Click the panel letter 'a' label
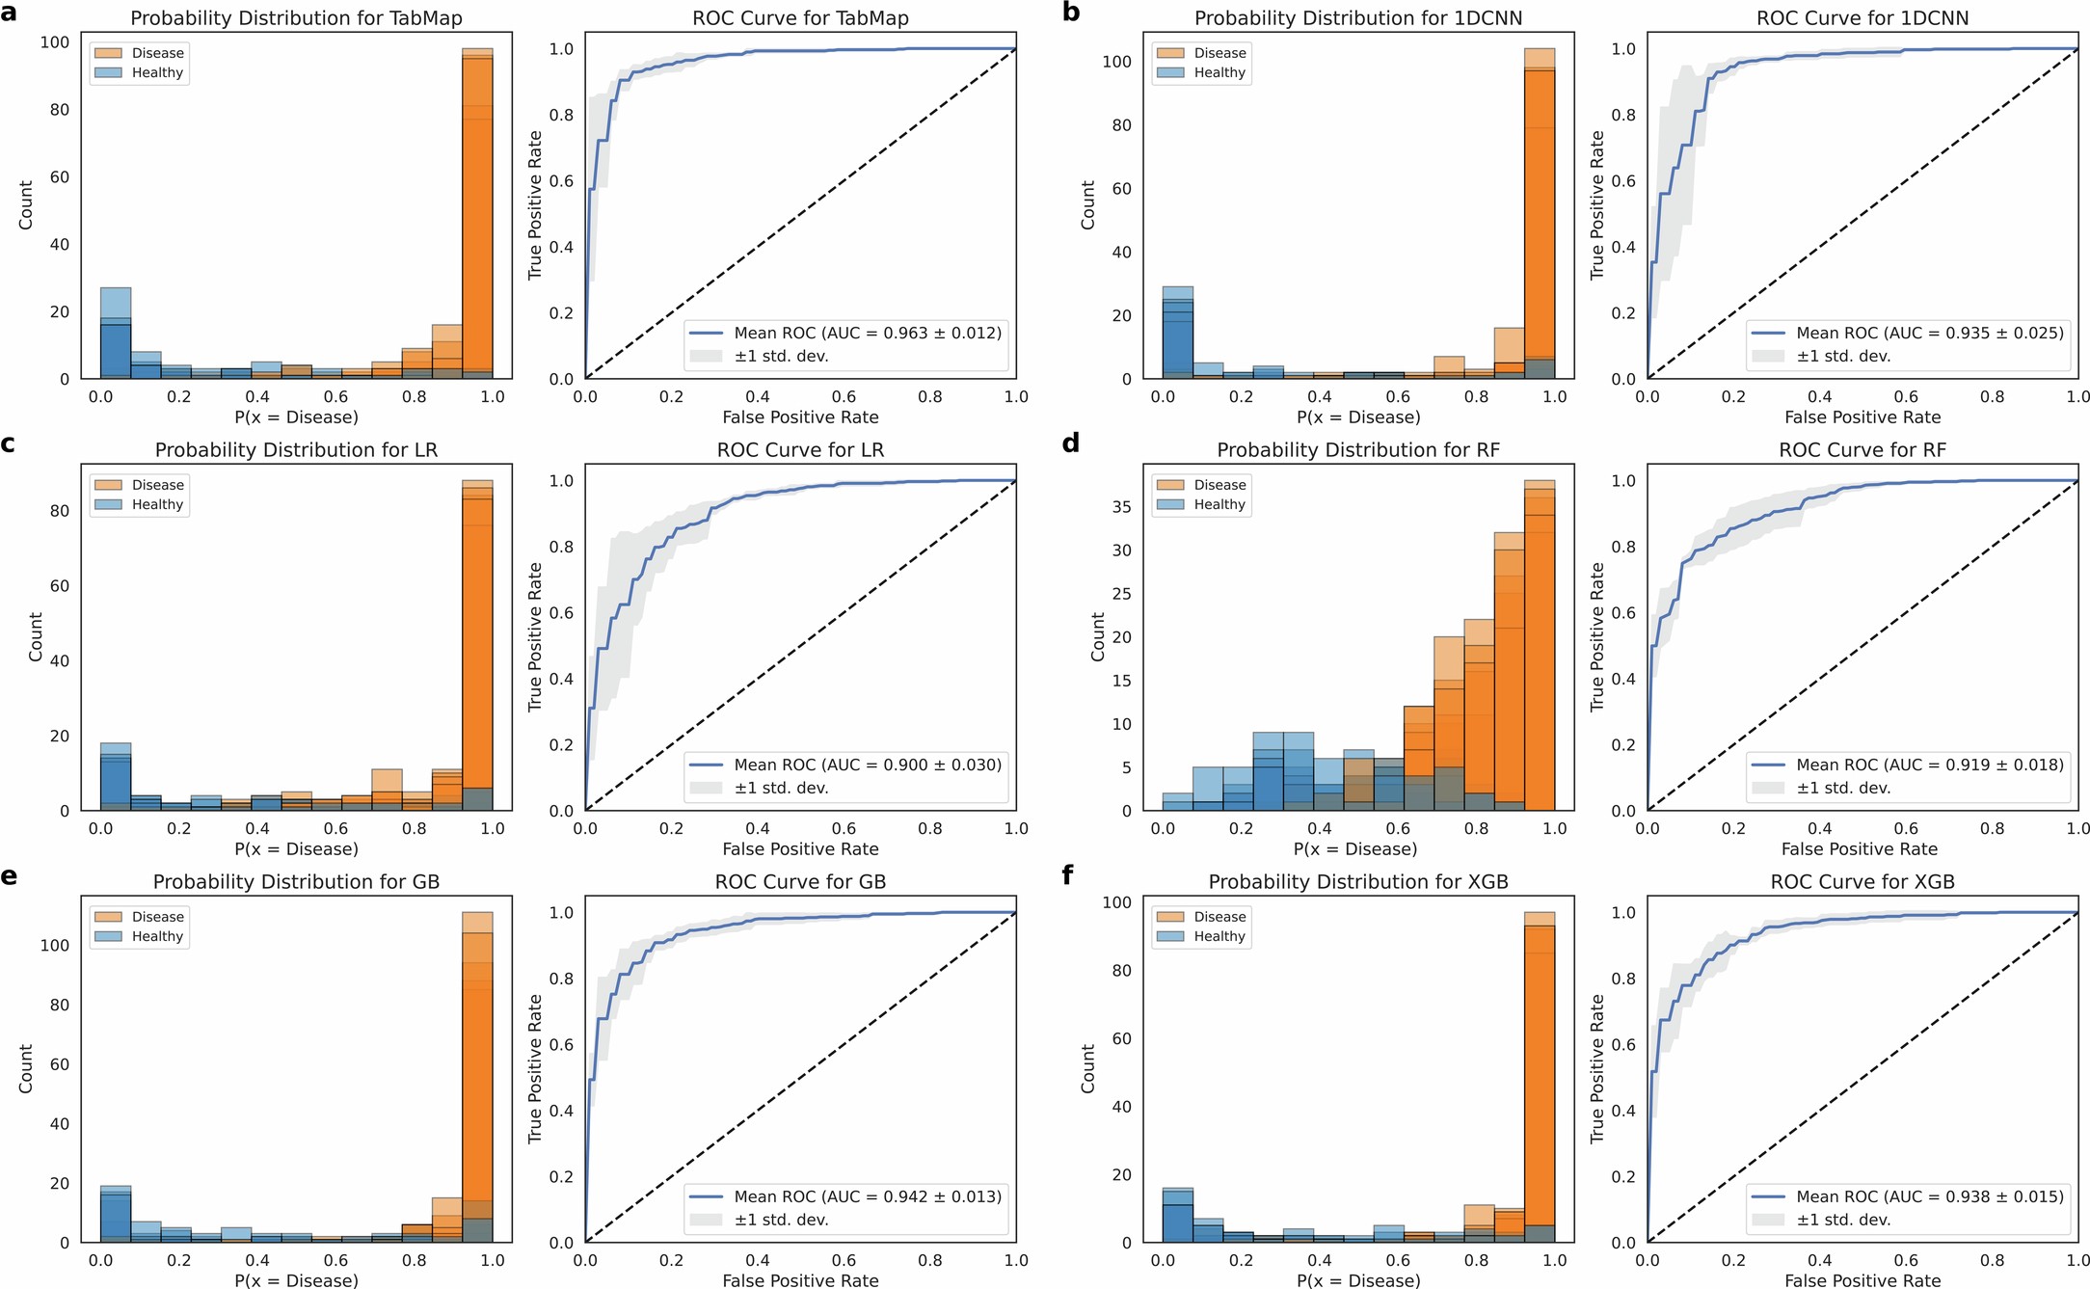click(9, 13)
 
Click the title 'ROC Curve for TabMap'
click(800, 18)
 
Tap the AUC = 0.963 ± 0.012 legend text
click(868, 333)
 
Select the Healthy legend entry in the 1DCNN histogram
click(1219, 72)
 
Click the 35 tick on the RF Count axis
click(1121, 506)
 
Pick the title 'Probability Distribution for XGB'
click(1357, 882)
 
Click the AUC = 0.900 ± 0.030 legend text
click(868, 765)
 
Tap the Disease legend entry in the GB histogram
click(157, 917)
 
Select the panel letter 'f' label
click(1068, 876)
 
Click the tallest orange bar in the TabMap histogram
click(477, 212)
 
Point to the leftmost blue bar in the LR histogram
click(116, 776)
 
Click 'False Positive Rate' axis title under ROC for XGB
click(1862, 1280)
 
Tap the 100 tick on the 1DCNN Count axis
click(1116, 62)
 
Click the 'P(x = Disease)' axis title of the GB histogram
click(296, 1280)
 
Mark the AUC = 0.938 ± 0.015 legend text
click(1929, 1196)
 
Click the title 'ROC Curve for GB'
click(800, 882)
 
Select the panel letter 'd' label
click(1070, 443)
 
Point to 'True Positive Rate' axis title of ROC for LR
click(536, 637)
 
